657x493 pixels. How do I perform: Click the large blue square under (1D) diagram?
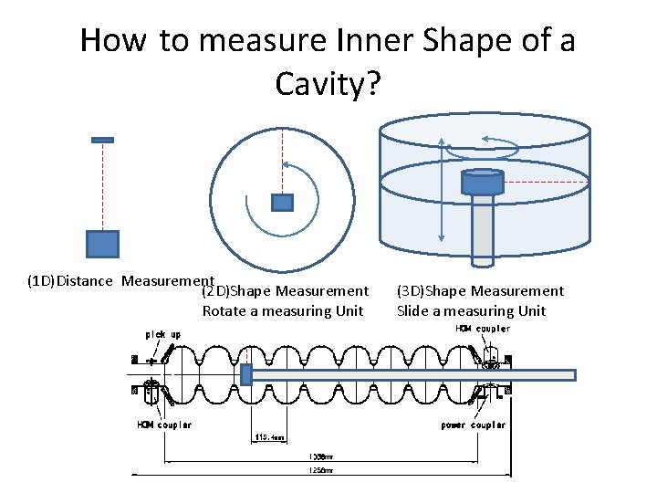[102, 244]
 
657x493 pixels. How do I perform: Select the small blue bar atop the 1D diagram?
[102, 140]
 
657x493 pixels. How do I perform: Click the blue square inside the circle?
[283, 202]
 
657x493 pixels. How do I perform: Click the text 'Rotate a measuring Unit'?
[282, 310]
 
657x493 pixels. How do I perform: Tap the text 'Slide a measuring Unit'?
[471, 310]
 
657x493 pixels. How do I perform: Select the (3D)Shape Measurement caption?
[480, 290]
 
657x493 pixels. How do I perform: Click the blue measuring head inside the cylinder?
[482, 182]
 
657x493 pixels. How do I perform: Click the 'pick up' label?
[162, 334]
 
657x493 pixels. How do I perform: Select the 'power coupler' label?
[473, 425]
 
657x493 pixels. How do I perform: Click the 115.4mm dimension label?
[270, 436]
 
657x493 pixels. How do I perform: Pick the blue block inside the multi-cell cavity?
[245, 374]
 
